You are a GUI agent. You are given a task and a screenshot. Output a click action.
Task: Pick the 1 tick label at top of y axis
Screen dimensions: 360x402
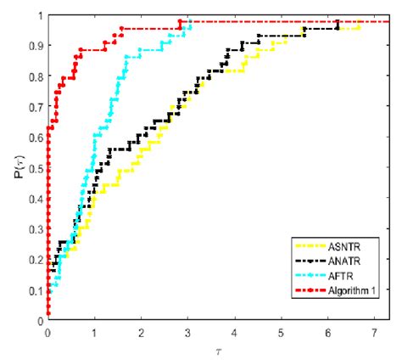pyautogui.click(x=39, y=16)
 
